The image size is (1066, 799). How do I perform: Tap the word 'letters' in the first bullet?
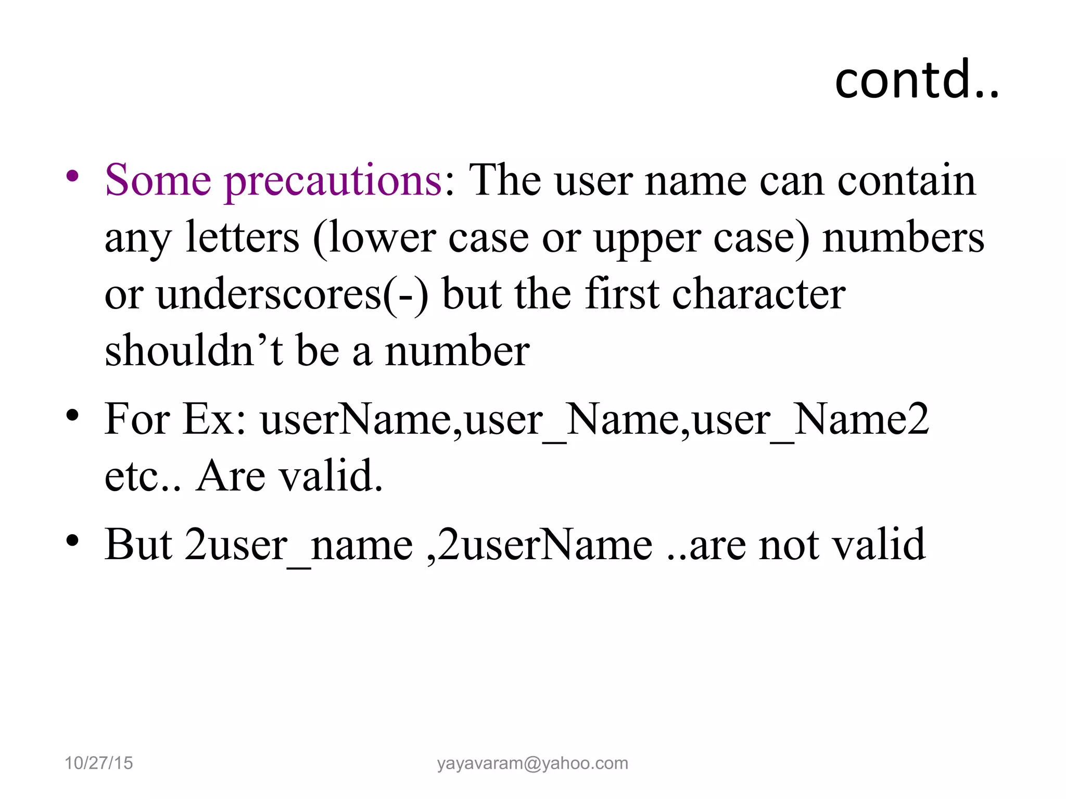[x=242, y=238]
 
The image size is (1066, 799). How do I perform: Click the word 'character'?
[x=758, y=294]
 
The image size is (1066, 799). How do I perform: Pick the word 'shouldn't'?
[x=194, y=351]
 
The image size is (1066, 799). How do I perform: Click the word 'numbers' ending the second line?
[x=903, y=238]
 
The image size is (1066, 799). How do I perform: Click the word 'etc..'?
[x=143, y=476]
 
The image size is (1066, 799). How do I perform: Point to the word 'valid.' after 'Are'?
[x=333, y=475]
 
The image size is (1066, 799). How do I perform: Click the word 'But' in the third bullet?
[x=138, y=544]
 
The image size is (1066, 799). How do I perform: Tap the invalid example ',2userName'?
[x=539, y=544]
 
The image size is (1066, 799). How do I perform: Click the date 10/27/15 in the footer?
[x=98, y=763]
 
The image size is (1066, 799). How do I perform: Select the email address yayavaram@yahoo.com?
[x=532, y=763]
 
